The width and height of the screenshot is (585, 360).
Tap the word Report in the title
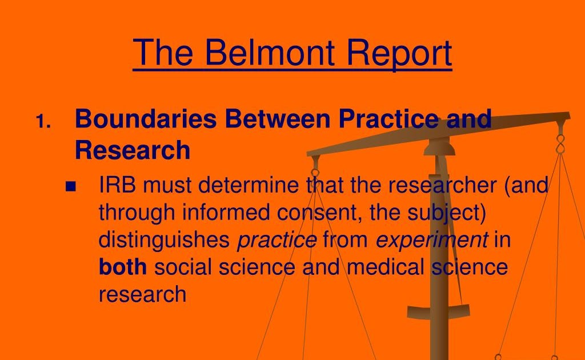click(x=399, y=54)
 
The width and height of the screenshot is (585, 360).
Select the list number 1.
click(x=43, y=122)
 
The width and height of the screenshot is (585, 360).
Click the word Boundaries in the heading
click(x=146, y=119)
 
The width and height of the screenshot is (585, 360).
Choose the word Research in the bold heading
click(x=133, y=150)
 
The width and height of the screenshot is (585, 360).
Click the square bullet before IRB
click(x=70, y=186)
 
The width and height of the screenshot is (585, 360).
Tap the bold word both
click(x=123, y=267)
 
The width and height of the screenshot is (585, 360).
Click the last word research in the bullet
click(x=142, y=294)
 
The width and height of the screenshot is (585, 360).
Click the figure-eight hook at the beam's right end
click(x=560, y=144)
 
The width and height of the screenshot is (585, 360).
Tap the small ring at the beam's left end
click(x=315, y=173)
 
